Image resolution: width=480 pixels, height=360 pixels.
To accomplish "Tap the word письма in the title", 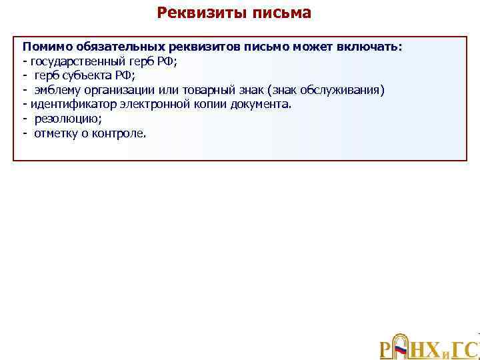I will (279, 13).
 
